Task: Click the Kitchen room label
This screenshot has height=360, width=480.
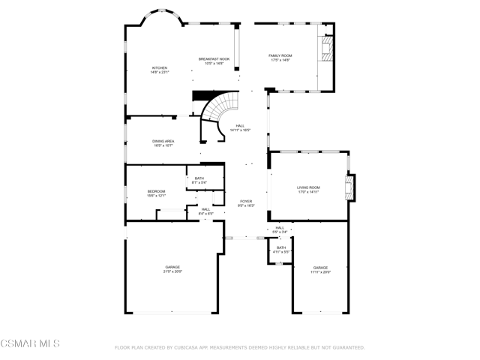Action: click(x=160, y=70)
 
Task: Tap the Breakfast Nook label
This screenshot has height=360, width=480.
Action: click(x=214, y=61)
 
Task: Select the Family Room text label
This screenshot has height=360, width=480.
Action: click(x=280, y=58)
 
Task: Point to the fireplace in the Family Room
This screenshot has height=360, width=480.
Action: click(x=325, y=50)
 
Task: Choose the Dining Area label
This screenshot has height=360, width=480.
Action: click(x=163, y=142)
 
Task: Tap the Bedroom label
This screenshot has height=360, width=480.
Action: click(x=156, y=193)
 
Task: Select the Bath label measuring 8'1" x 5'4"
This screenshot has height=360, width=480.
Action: click(x=199, y=180)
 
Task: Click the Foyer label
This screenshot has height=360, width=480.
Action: click(x=246, y=203)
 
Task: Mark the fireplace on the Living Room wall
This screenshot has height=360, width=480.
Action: click(x=349, y=187)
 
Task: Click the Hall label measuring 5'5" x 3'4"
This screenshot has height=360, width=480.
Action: click(x=280, y=229)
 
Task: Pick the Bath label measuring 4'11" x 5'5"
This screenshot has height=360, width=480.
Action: click(x=280, y=250)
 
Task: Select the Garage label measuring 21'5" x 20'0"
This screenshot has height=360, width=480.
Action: click(x=173, y=269)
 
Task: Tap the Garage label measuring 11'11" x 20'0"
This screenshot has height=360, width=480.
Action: click(x=321, y=270)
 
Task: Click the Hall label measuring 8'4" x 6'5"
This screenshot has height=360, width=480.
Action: click(x=205, y=211)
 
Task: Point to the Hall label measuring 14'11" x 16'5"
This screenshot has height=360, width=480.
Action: click(x=240, y=127)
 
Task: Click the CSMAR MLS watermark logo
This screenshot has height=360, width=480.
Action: click(x=30, y=344)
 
